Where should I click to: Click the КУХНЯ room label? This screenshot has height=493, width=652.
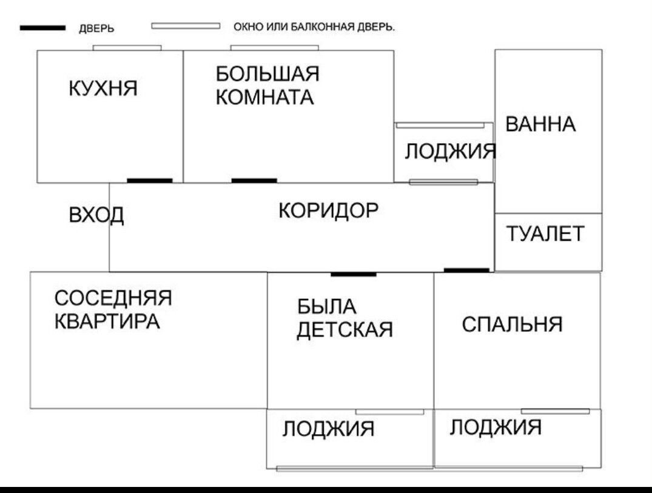coord(103,89)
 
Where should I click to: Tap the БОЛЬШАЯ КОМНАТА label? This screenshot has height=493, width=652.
coord(267,86)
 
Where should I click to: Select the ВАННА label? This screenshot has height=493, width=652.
coord(540,125)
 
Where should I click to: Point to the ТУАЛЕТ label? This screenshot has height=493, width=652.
coord(546,233)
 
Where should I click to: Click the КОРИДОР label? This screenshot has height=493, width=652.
coord(328,210)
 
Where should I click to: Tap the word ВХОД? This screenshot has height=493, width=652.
coord(96,215)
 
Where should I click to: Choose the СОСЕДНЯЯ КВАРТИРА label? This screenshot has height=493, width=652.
coord(113,309)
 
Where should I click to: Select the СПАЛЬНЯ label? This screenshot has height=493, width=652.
coord(513,324)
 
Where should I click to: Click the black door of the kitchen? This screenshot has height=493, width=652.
coord(150,180)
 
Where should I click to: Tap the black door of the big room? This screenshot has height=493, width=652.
coord(254,180)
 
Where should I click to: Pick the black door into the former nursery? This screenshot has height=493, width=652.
coord(353,275)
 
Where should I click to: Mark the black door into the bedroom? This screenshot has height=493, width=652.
coord(466,270)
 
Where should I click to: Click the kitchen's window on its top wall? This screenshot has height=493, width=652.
coord(127,47)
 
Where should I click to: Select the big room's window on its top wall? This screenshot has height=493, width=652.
coord(275,47)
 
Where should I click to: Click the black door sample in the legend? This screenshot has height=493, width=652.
coord(42,28)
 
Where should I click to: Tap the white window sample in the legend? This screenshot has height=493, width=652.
coord(185,26)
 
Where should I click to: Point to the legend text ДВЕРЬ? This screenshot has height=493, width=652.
coord(97,29)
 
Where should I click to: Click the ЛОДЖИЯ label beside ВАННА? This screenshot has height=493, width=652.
coord(450,151)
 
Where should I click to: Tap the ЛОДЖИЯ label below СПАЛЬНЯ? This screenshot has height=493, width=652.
coord(496,428)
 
